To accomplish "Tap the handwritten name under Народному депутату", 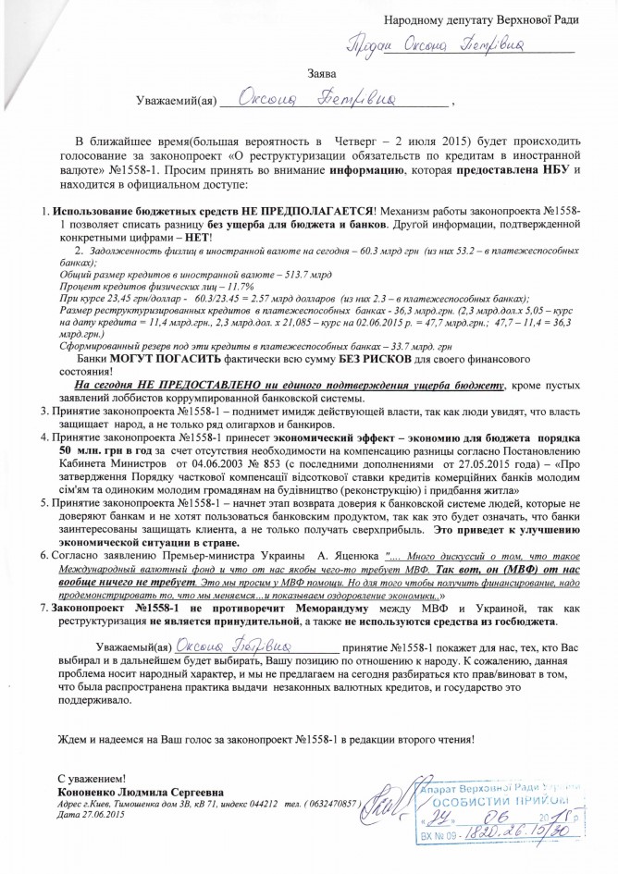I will (x=445, y=45).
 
